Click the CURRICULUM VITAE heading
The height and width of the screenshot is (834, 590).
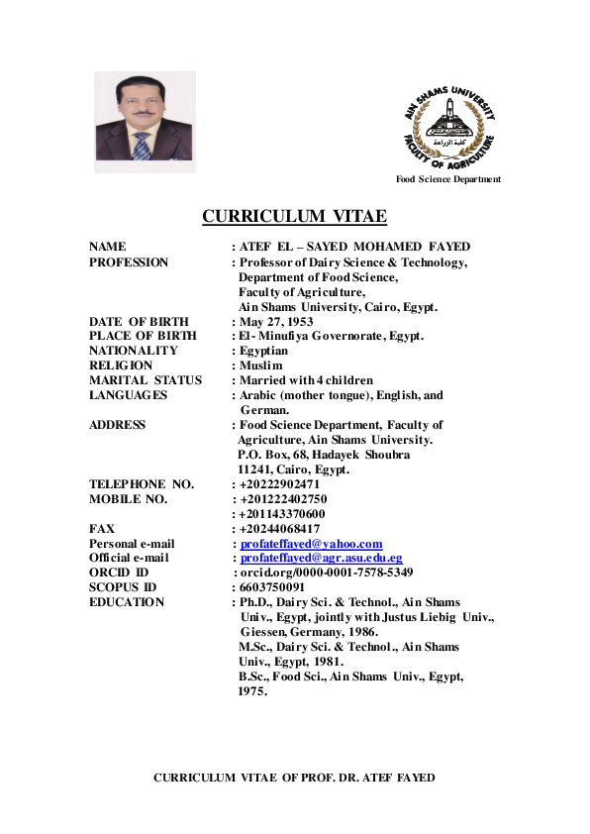coord(294,217)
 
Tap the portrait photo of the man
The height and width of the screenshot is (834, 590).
coord(145,122)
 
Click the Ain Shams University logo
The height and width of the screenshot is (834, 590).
coord(450,127)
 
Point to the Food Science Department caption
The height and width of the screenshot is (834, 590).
coord(448,179)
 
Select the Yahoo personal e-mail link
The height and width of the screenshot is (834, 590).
coord(311,544)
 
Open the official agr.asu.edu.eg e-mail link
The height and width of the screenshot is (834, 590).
coord(321,558)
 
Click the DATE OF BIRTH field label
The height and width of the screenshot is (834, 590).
coord(139,321)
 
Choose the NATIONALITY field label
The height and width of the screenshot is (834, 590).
coord(134,351)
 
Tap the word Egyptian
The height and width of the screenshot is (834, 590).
coord(264,351)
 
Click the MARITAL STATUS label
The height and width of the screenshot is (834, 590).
coord(146,380)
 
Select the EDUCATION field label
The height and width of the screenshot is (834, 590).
coord(127,602)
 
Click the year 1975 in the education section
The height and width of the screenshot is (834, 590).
coord(252,691)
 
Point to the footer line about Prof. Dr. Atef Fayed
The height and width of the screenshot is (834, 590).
coord(294,778)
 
